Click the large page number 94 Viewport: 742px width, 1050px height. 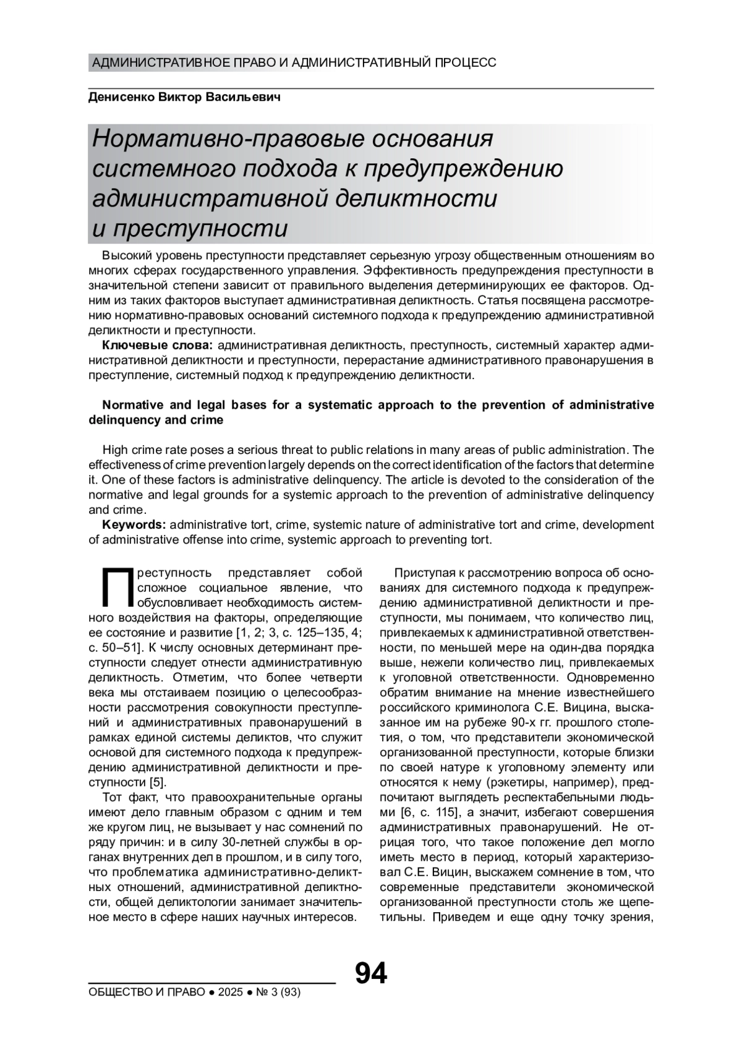(x=370, y=973)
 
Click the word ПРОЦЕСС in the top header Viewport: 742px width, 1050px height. (x=466, y=62)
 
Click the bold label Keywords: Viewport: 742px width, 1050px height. (x=134, y=525)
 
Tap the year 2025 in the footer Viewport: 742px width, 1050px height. (x=230, y=992)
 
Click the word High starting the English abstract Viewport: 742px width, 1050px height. (x=115, y=450)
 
